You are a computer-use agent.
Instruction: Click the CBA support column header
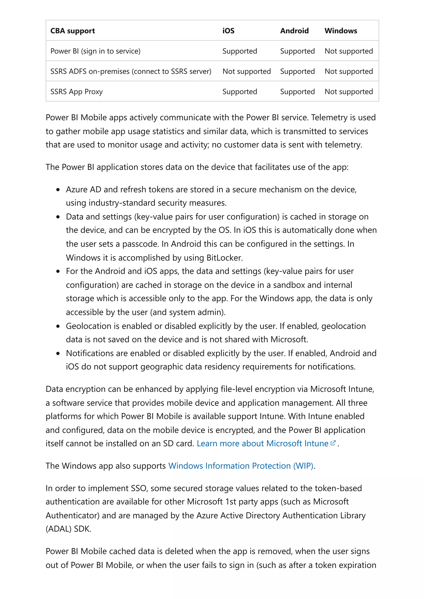tap(72, 31)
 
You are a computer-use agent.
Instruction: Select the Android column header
tap(294, 31)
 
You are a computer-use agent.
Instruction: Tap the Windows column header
tap(340, 31)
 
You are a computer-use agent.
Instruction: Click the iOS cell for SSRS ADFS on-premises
tap(246, 71)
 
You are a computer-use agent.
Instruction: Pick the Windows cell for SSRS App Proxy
tap(348, 92)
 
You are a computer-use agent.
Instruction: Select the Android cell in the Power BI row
tap(297, 51)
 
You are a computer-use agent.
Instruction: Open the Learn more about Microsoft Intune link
tap(262, 444)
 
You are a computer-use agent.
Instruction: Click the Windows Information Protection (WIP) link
tap(241, 466)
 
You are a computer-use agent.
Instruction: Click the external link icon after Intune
tap(333, 443)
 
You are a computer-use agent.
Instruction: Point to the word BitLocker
tap(224, 258)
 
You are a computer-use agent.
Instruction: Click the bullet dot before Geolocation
tap(58, 326)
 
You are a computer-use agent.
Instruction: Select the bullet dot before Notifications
tap(58, 353)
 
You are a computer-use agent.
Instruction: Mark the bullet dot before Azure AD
tap(58, 190)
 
